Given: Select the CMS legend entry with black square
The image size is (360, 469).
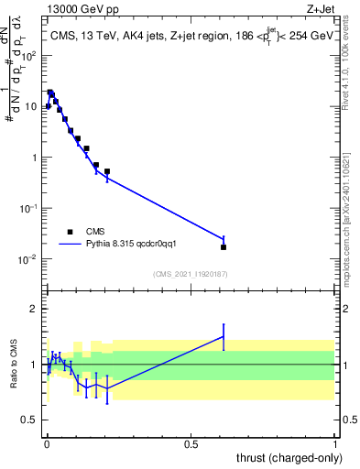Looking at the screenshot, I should (82, 232).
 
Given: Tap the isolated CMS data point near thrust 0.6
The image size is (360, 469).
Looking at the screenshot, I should (224, 247).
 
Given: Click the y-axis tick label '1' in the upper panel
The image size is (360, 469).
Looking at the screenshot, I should (34, 158).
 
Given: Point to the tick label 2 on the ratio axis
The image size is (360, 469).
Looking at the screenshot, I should (34, 309).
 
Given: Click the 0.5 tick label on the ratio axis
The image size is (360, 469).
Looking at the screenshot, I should (30, 420).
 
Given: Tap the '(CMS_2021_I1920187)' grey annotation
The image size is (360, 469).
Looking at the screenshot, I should (191, 274).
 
